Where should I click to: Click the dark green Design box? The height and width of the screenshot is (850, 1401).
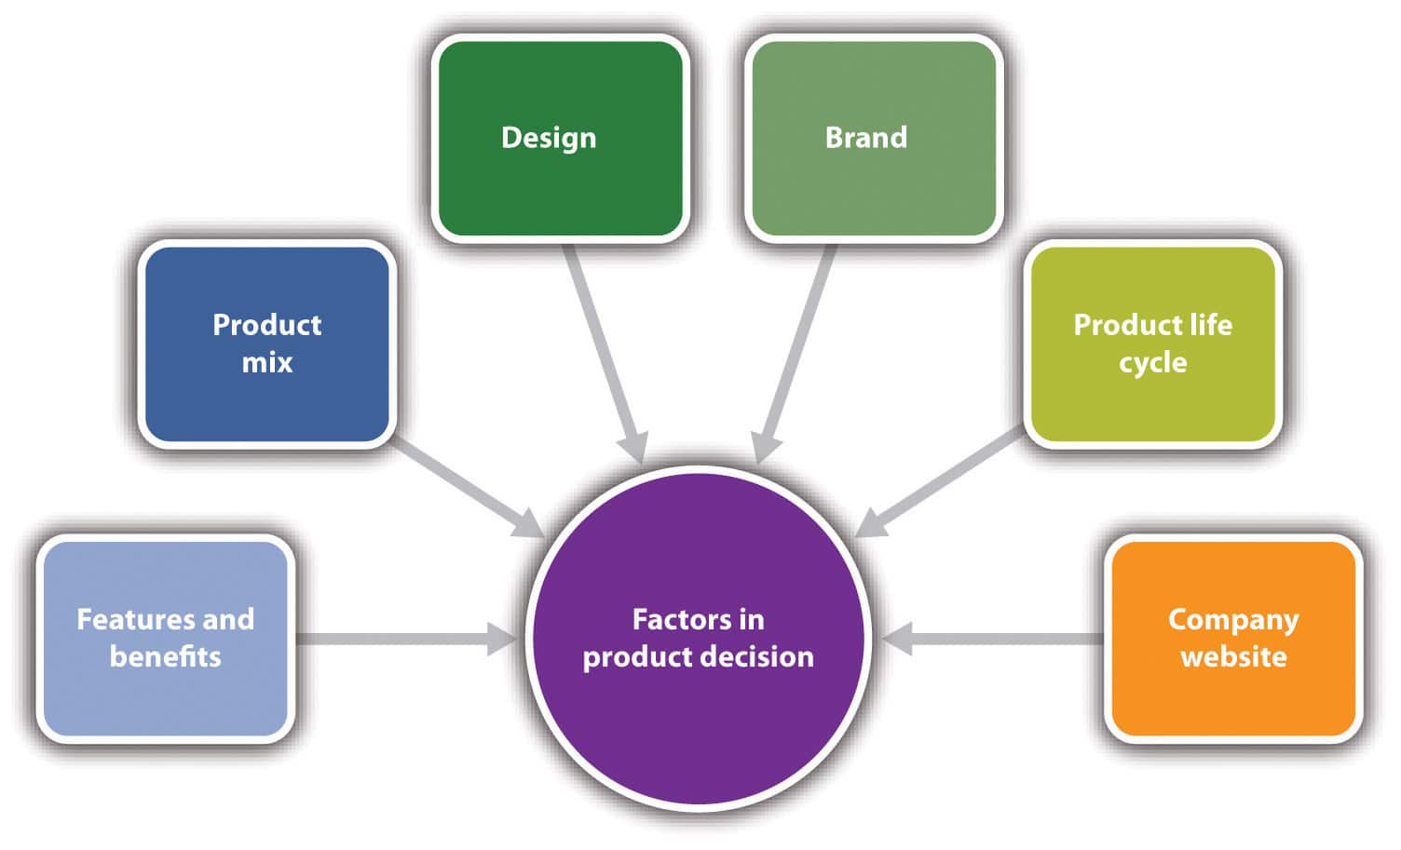(x=560, y=139)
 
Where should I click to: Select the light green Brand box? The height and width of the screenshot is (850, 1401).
(x=874, y=139)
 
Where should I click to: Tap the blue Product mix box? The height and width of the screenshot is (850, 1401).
(x=267, y=344)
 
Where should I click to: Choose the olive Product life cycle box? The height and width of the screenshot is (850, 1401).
(x=1152, y=344)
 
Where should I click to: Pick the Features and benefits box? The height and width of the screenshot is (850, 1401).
(x=166, y=638)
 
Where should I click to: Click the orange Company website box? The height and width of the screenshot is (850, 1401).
(x=1233, y=638)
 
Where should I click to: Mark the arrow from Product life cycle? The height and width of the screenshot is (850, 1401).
(x=941, y=484)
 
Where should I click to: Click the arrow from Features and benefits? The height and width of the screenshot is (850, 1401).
(x=401, y=639)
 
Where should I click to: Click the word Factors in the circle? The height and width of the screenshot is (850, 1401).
(x=669, y=619)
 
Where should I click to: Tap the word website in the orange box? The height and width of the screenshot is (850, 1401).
(x=1233, y=656)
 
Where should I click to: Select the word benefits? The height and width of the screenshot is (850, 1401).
(x=166, y=656)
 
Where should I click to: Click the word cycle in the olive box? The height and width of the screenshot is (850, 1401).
(x=1152, y=362)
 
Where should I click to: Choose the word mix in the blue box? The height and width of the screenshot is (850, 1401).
(x=267, y=362)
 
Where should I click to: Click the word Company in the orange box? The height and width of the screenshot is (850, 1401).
(x=1233, y=619)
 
